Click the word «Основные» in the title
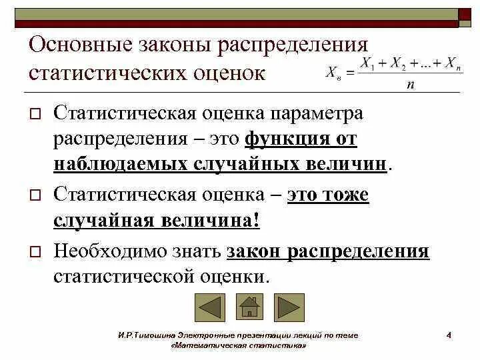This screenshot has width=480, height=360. pyautogui.click(x=80, y=47)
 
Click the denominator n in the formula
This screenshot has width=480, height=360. pyautogui.click(x=411, y=85)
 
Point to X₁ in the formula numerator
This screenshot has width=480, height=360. pyautogui.click(x=366, y=63)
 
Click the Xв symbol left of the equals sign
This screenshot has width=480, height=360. pyautogui.click(x=332, y=73)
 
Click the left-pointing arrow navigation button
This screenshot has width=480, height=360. pyautogui.click(x=210, y=308)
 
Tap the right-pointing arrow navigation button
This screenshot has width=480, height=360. pyautogui.click(x=289, y=308)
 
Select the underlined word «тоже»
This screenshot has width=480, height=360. pyautogui.click(x=343, y=195)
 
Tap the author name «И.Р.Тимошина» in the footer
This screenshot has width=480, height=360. pyautogui.click(x=140, y=335)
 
